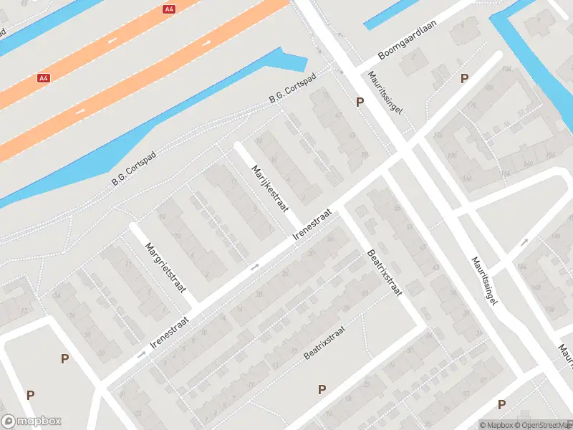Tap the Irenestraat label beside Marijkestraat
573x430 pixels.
pyautogui.click(x=314, y=224)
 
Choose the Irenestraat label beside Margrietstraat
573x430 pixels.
pyautogui.click(x=170, y=333)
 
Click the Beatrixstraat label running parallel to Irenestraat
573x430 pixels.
pyautogui.click(x=324, y=343)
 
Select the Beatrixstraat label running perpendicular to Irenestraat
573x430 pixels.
pyautogui.click(x=385, y=272)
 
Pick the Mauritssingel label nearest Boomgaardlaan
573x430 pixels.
pyautogui.click(x=385, y=93)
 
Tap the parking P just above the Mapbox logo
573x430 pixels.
pyautogui.click(x=31, y=395)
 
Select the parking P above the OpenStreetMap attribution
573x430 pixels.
pyautogui.click(x=501, y=404)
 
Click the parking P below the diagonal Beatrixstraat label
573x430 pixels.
pyautogui.click(x=322, y=389)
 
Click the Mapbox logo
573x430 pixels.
pyautogui.click(x=32, y=421)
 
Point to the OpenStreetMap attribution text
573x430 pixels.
pyautogui.click(x=545, y=425)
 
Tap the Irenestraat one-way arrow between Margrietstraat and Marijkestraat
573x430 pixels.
pyautogui.click(x=254, y=267)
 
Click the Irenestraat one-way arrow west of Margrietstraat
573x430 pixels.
pyautogui.click(x=141, y=354)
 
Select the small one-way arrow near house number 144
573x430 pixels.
pyautogui.click(x=525, y=242)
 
